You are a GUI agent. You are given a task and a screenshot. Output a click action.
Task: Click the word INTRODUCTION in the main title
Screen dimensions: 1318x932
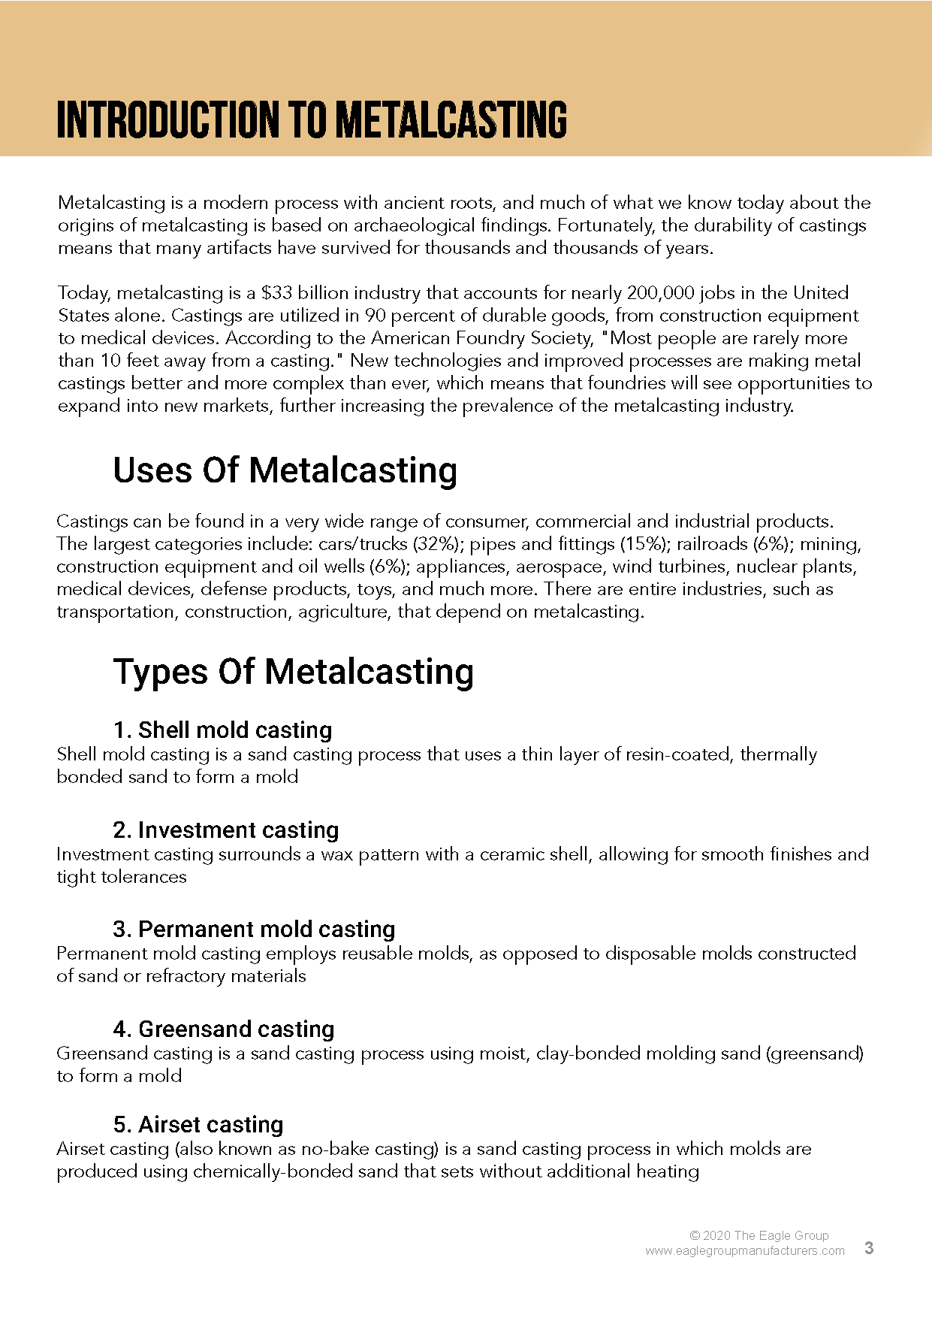tap(167, 120)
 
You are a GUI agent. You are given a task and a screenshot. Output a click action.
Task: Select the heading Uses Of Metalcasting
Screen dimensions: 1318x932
tap(285, 470)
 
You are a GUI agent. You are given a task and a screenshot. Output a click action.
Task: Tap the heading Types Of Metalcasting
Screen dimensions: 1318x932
tap(293, 671)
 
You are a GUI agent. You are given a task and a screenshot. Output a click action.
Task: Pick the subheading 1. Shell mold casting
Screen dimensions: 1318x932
tap(222, 730)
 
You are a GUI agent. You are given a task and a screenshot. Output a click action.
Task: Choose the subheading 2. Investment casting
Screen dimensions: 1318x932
tap(225, 830)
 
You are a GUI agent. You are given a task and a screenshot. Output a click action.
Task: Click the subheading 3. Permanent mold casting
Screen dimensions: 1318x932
tap(254, 930)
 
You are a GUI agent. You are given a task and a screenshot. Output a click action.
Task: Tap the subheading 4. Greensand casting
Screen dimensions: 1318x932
tap(224, 1029)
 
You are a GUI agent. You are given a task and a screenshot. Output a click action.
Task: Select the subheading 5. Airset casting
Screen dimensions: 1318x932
tap(198, 1125)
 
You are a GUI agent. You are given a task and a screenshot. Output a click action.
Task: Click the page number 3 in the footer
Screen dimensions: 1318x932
tap(869, 1248)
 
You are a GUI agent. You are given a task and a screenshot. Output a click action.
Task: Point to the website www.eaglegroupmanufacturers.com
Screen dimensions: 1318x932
tap(744, 1251)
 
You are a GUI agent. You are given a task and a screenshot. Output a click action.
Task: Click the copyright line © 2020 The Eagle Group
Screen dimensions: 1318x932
tap(759, 1235)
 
